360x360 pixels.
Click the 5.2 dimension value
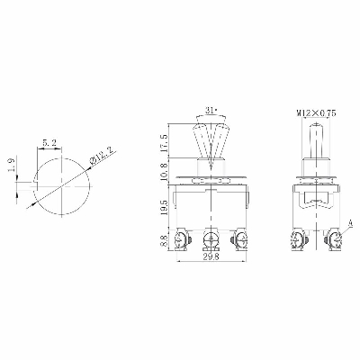coord(49,143)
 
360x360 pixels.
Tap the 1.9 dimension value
coord(12,165)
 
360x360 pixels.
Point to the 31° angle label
coord(211,111)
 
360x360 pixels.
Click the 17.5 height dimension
coord(164,144)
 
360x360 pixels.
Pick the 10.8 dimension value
coord(164,171)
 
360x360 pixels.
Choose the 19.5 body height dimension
coord(164,207)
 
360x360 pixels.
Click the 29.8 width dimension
coord(211,256)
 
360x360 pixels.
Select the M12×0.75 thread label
coord(316,113)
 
